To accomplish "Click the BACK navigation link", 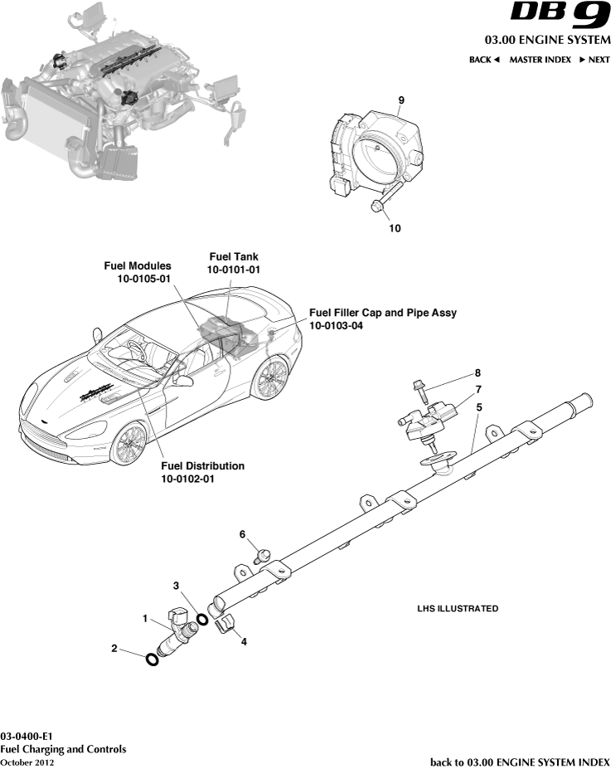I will point(484,60).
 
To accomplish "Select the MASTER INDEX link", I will point(540,60).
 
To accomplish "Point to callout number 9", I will point(400,100).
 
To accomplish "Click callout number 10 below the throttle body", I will point(395,228).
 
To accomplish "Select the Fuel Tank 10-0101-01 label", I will point(234,264).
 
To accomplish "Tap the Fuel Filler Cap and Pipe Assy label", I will point(382,319).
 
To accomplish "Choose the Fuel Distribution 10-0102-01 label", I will point(202,472).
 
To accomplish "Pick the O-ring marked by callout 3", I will point(201,620).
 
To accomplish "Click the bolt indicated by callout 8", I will point(419,390).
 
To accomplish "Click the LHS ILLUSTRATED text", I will point(457,609).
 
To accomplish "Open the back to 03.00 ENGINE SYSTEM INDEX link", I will point(520,762).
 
